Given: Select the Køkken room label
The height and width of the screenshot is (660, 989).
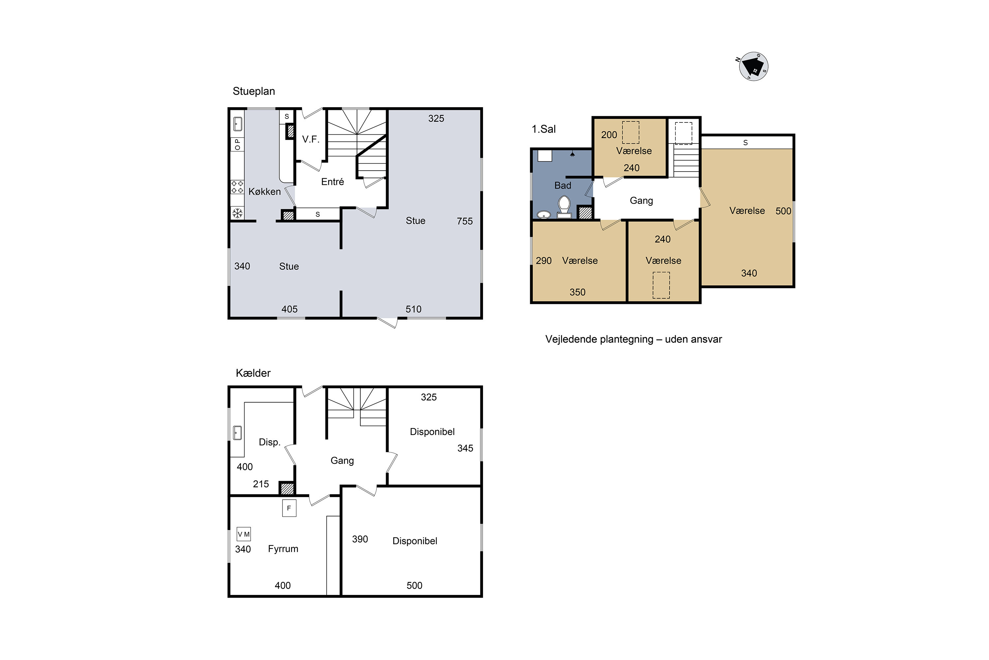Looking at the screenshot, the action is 264,191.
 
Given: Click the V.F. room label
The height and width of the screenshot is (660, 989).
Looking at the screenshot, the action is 311,139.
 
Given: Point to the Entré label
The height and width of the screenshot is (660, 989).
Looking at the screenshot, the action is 332,181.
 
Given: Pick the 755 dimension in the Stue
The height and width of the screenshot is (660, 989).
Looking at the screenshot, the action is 465,221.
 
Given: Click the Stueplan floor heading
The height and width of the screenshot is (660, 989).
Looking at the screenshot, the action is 254,91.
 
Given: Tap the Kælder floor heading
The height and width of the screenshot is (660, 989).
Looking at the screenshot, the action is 253,373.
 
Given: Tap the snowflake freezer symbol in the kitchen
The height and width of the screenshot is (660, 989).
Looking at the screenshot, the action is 238,213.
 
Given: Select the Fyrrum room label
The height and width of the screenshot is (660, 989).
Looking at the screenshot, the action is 283,549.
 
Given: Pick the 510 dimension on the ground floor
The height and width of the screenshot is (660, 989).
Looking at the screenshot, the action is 413,310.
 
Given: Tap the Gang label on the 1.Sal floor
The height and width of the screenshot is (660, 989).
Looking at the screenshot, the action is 641,201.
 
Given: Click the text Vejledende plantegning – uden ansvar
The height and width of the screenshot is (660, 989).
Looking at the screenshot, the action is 633,339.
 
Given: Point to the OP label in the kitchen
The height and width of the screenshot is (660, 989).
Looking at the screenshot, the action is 238,145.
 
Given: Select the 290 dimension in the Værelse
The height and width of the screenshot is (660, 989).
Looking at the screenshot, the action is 544,261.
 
